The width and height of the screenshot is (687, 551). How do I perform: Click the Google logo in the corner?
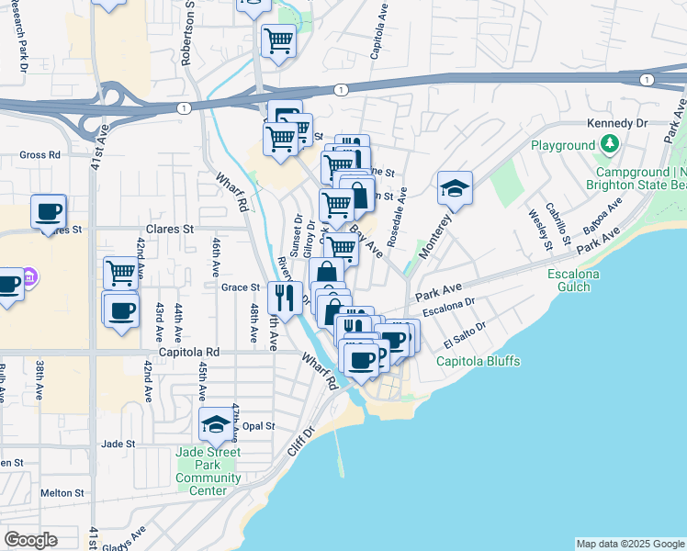(30, 540)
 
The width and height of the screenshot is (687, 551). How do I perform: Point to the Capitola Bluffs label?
(479, 361)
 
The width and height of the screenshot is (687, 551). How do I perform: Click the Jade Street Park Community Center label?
(208, 471)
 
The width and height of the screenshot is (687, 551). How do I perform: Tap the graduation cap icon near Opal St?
(216, 423)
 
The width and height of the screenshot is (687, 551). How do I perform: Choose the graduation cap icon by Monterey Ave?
(455, 187)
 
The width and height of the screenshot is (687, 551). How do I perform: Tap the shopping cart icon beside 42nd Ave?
(120, 272)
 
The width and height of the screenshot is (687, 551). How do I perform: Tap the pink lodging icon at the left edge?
(28, 275)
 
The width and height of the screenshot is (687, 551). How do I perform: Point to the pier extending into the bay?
(339, 455)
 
